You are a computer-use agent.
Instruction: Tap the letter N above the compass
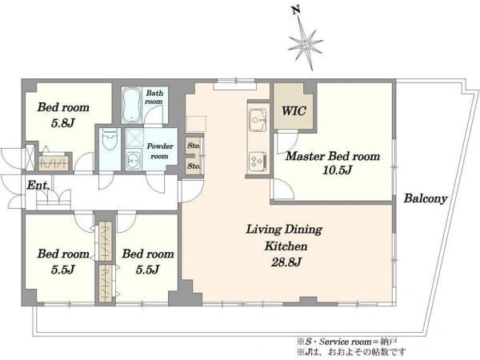[x=295, y=11]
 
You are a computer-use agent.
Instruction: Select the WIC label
[x=294, y=111]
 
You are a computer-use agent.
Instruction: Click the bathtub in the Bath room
[x=132, y=106]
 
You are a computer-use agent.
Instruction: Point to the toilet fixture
[x=110, y=139]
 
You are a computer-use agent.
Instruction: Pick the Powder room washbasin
[x=134, y=159]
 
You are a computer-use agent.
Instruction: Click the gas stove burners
[x=258, y=162]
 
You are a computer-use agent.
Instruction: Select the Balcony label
[x=426, y=198]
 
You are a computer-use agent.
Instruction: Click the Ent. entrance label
[x=38, y=186]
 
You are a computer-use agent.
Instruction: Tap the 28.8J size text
[x=286, y=262]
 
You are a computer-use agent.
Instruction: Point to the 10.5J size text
[x=338, y=170]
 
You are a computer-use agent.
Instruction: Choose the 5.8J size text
[x=62, y=123]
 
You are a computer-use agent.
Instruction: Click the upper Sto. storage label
[x=194, y=146]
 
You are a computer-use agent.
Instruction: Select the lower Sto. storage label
[x=194, y=166]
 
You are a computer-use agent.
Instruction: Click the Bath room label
[x=154, y=97]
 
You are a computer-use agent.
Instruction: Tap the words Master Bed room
[x=333, y=156]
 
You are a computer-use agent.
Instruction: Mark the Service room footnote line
[x=347, y=342]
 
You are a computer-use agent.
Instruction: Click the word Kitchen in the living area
[x=286, y=246]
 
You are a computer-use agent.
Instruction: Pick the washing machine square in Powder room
[x=134, y=138]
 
